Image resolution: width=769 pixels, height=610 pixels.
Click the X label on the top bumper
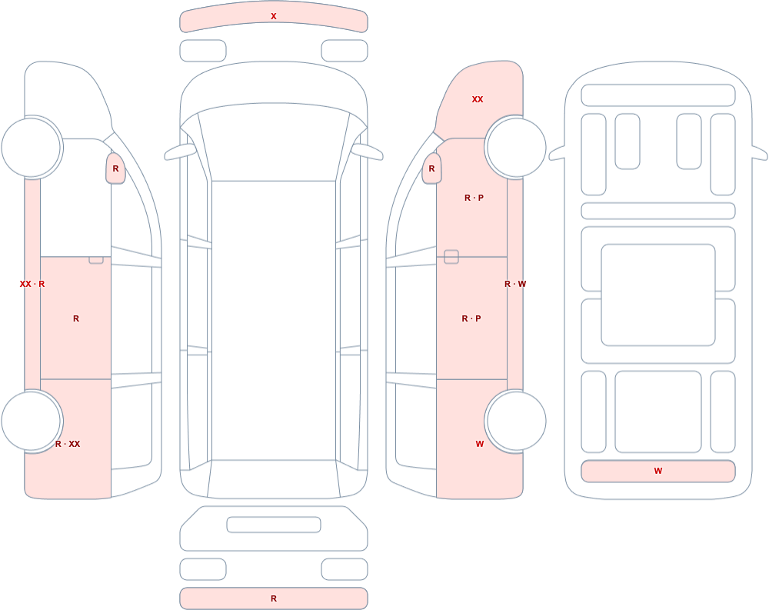click(x=274, y=16)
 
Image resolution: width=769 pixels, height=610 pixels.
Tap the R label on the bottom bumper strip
click(x=274, y=598)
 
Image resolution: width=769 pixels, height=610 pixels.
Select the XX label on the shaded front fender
click(x=478, y=99)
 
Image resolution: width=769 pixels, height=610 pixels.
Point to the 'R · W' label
click(x=515, y=284)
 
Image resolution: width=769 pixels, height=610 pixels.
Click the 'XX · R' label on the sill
click(x=32, y=284)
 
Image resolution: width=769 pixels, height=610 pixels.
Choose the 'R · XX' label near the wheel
click(x=68, y=444)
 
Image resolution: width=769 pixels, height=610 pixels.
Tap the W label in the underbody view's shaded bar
click(x=658, y=471)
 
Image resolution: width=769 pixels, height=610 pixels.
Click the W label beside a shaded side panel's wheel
click(x=480, y=444)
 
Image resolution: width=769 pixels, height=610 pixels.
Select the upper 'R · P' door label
click(x=474, y=198)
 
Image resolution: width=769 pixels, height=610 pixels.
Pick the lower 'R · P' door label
click(x=471, y=318)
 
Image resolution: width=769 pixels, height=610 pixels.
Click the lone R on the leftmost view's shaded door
click(x=76, y=318)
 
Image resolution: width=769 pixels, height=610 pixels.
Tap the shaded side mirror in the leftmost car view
click(x=116, y=168)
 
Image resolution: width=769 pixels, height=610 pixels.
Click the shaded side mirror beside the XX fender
click(x=431, y=168)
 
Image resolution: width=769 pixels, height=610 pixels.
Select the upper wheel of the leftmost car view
click(x=32, y=147)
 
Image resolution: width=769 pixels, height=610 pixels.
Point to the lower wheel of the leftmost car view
click(x=32, y=421)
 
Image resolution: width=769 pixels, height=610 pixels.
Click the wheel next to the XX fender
click(x=516, y=147)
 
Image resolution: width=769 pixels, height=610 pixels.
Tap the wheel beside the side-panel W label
click(x=516, y=421)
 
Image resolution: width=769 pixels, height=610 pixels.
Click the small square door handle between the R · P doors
click(x=451, y=257)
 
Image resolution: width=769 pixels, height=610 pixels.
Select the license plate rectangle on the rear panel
click(x=274, y=525)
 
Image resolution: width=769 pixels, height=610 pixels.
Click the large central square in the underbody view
click(x=658, y=295)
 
